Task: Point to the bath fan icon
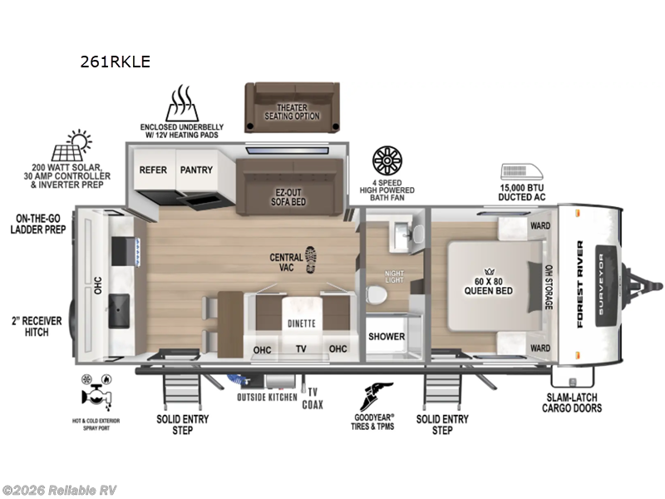[x=388, y=159]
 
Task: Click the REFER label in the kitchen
[x=153, y=170]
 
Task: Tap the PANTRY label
[x=196, y=170]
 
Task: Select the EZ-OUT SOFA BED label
[x=290, y=196]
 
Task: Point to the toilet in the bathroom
[x=377, y=296]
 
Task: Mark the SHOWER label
[x=387, y=337]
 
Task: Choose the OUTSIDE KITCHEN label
[x=266, y=398]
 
